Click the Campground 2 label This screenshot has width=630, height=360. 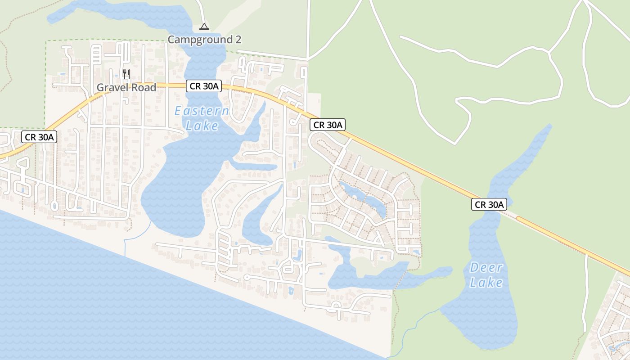pos(204,40)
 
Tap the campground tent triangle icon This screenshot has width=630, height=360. pos(204,27)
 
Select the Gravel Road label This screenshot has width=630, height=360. pos(126,87)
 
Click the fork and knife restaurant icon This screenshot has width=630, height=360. pos(126,74)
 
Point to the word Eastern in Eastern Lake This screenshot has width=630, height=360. pos(202,111)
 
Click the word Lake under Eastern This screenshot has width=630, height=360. pos(202,126)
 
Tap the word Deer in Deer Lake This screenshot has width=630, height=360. pos(486,268)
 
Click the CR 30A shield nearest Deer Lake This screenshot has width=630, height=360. pos(489,204)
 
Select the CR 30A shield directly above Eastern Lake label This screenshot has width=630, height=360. pos(204,86)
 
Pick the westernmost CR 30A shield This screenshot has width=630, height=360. pos(39,137)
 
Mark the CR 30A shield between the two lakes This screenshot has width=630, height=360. pos(327,125)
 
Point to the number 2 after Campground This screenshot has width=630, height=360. pos(238,40)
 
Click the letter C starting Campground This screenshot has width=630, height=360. pos(171,40)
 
